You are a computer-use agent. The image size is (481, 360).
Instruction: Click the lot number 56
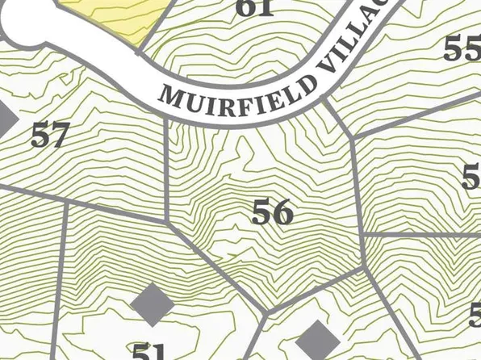point(271,211)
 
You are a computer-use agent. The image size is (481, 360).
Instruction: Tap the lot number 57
point(48,135)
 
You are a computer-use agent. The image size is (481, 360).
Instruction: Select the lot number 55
point(462,50)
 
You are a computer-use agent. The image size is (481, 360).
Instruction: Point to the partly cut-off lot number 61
point(255,8)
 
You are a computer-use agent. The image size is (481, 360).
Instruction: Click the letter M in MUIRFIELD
point(170,94)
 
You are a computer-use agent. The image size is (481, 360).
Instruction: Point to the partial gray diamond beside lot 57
point(6,119)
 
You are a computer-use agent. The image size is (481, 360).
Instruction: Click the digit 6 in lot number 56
point(282,211)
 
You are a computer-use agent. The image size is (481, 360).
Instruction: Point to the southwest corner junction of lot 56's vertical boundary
point(166,220)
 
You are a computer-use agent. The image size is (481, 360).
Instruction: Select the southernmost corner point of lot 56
point(267,310)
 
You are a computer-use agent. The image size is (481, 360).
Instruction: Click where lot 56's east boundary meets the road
point(327,102)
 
